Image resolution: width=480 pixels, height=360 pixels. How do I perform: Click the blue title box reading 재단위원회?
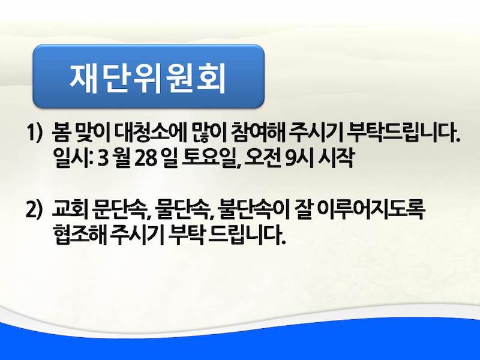point(148,77)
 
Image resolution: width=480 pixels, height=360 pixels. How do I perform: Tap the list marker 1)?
point(34,132)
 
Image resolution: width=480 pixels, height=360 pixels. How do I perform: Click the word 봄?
point(61,132)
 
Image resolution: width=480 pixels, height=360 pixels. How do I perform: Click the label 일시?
point(73,158)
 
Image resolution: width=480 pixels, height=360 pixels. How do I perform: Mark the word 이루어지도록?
point(371,210)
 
